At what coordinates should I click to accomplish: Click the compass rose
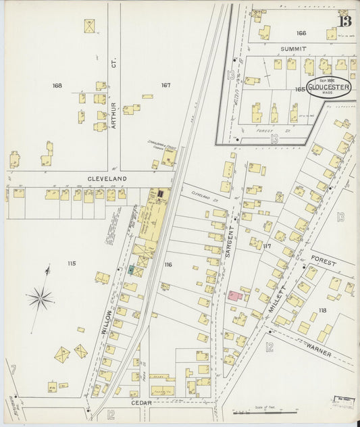coord(41,297)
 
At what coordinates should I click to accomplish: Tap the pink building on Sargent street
coord(232,296)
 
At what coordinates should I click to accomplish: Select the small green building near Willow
coord(131,269)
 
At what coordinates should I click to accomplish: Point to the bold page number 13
coord(345,21)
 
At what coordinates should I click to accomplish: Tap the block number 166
coord(301,33)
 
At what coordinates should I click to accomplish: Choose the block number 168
coord(57,86)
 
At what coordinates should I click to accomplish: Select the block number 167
coord(165,85)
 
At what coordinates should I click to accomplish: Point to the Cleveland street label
coord(107,179)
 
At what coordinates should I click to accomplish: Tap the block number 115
coord(72,263)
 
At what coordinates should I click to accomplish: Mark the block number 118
coord(322,310)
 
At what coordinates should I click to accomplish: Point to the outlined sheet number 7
coord(12,369)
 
